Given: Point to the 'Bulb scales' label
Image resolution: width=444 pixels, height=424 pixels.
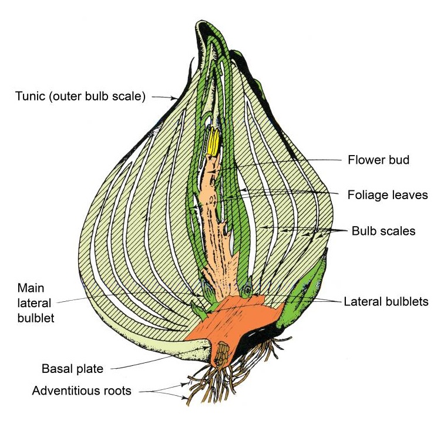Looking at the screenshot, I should click(x=383, y=231).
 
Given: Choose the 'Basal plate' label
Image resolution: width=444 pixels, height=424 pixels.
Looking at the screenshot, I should click(x=72, y=369).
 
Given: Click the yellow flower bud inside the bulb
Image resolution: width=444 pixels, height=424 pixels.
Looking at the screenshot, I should click(x=213, y=141).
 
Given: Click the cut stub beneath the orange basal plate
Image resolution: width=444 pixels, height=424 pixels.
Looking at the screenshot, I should click(x=224, y=355).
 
